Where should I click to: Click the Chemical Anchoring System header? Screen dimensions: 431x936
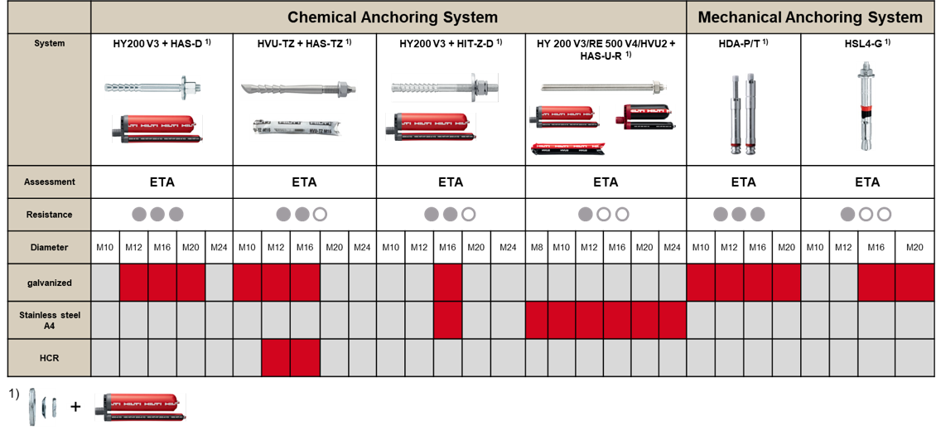(x=393, y=17)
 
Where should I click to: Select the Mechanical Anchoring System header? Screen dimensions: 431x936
(x=810, y=17)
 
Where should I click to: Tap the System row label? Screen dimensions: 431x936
(x=50, y=43)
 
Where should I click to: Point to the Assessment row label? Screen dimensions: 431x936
(x=50, y=182)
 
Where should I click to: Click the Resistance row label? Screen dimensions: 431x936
(x=50, y=215)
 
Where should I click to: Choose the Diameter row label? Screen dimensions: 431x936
(x=50, y=247)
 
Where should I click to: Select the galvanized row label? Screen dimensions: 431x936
(x=50, y=283)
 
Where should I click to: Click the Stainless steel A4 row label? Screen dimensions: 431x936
(x=50, y=320)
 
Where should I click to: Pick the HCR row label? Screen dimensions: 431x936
(x=50, y=357)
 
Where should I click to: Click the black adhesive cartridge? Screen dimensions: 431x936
(x=645, y=117)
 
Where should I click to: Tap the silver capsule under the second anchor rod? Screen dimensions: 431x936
(x=297, y=127)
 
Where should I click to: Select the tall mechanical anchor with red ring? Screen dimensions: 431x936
(x=866, y=106)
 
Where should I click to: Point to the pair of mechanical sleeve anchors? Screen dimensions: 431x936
(x=743, y=114)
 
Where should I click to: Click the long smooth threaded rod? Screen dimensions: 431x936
(x=603, y=87)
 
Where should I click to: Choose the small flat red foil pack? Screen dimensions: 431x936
(x=568, y=149)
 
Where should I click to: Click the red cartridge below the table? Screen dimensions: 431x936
(x=140, y=408)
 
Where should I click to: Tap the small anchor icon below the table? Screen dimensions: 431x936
(x=42, y=407)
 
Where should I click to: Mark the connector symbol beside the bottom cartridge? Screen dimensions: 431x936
(x=76, y=407)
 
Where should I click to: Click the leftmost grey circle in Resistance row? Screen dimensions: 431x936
(x=139, y=215)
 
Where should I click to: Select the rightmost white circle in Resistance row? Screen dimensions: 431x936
(x=884, y=215)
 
